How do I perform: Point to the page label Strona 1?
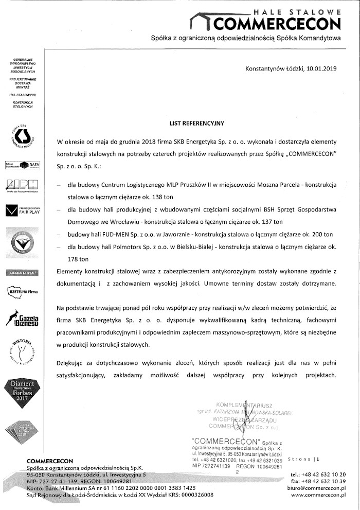tap(304, 459)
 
